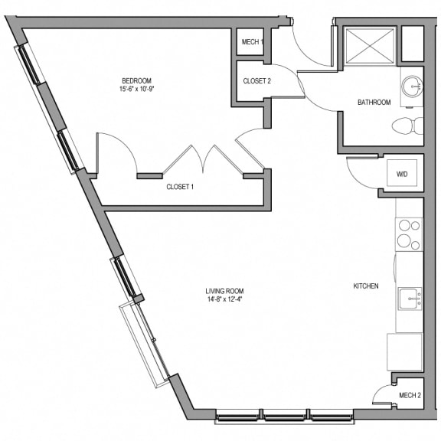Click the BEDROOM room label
[137, 81]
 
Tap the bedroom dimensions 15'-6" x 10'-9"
[137, 89]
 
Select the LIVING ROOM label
[224, 291]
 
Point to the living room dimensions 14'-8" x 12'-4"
[224, 299]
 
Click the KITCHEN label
[366, 286]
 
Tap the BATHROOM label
[374, 102]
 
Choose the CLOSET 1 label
[180, 187]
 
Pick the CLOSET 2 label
[256, 81]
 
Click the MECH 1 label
[253, 42]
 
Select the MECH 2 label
[410, 395]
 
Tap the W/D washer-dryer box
[402, 173]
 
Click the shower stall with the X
[370, 46]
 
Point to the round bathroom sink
[412, 86]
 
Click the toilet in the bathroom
[407, 126]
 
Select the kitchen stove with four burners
[409, 234]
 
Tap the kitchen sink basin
[410, 299]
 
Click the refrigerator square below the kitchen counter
[405, 352]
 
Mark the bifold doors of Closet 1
[203, 159]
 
